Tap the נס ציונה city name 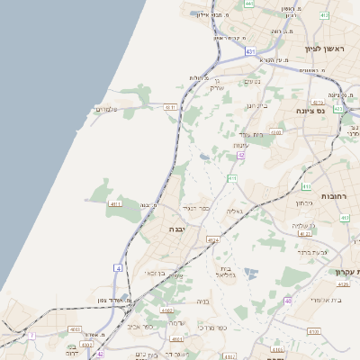[x=310, y=110]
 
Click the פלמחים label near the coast [x=109, y=110]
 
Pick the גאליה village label [x=232, y=211]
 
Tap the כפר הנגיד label [x=194, y=208]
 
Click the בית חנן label [x=256, y=106]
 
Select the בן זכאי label [x=154, y=273]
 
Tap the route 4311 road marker [x=170, y=107]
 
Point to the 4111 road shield [x=115, y=204]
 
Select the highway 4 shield [x=118, y=267]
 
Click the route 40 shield [x=288, y=300]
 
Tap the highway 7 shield [x=31, y=335]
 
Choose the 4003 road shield [x=74, y=329]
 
